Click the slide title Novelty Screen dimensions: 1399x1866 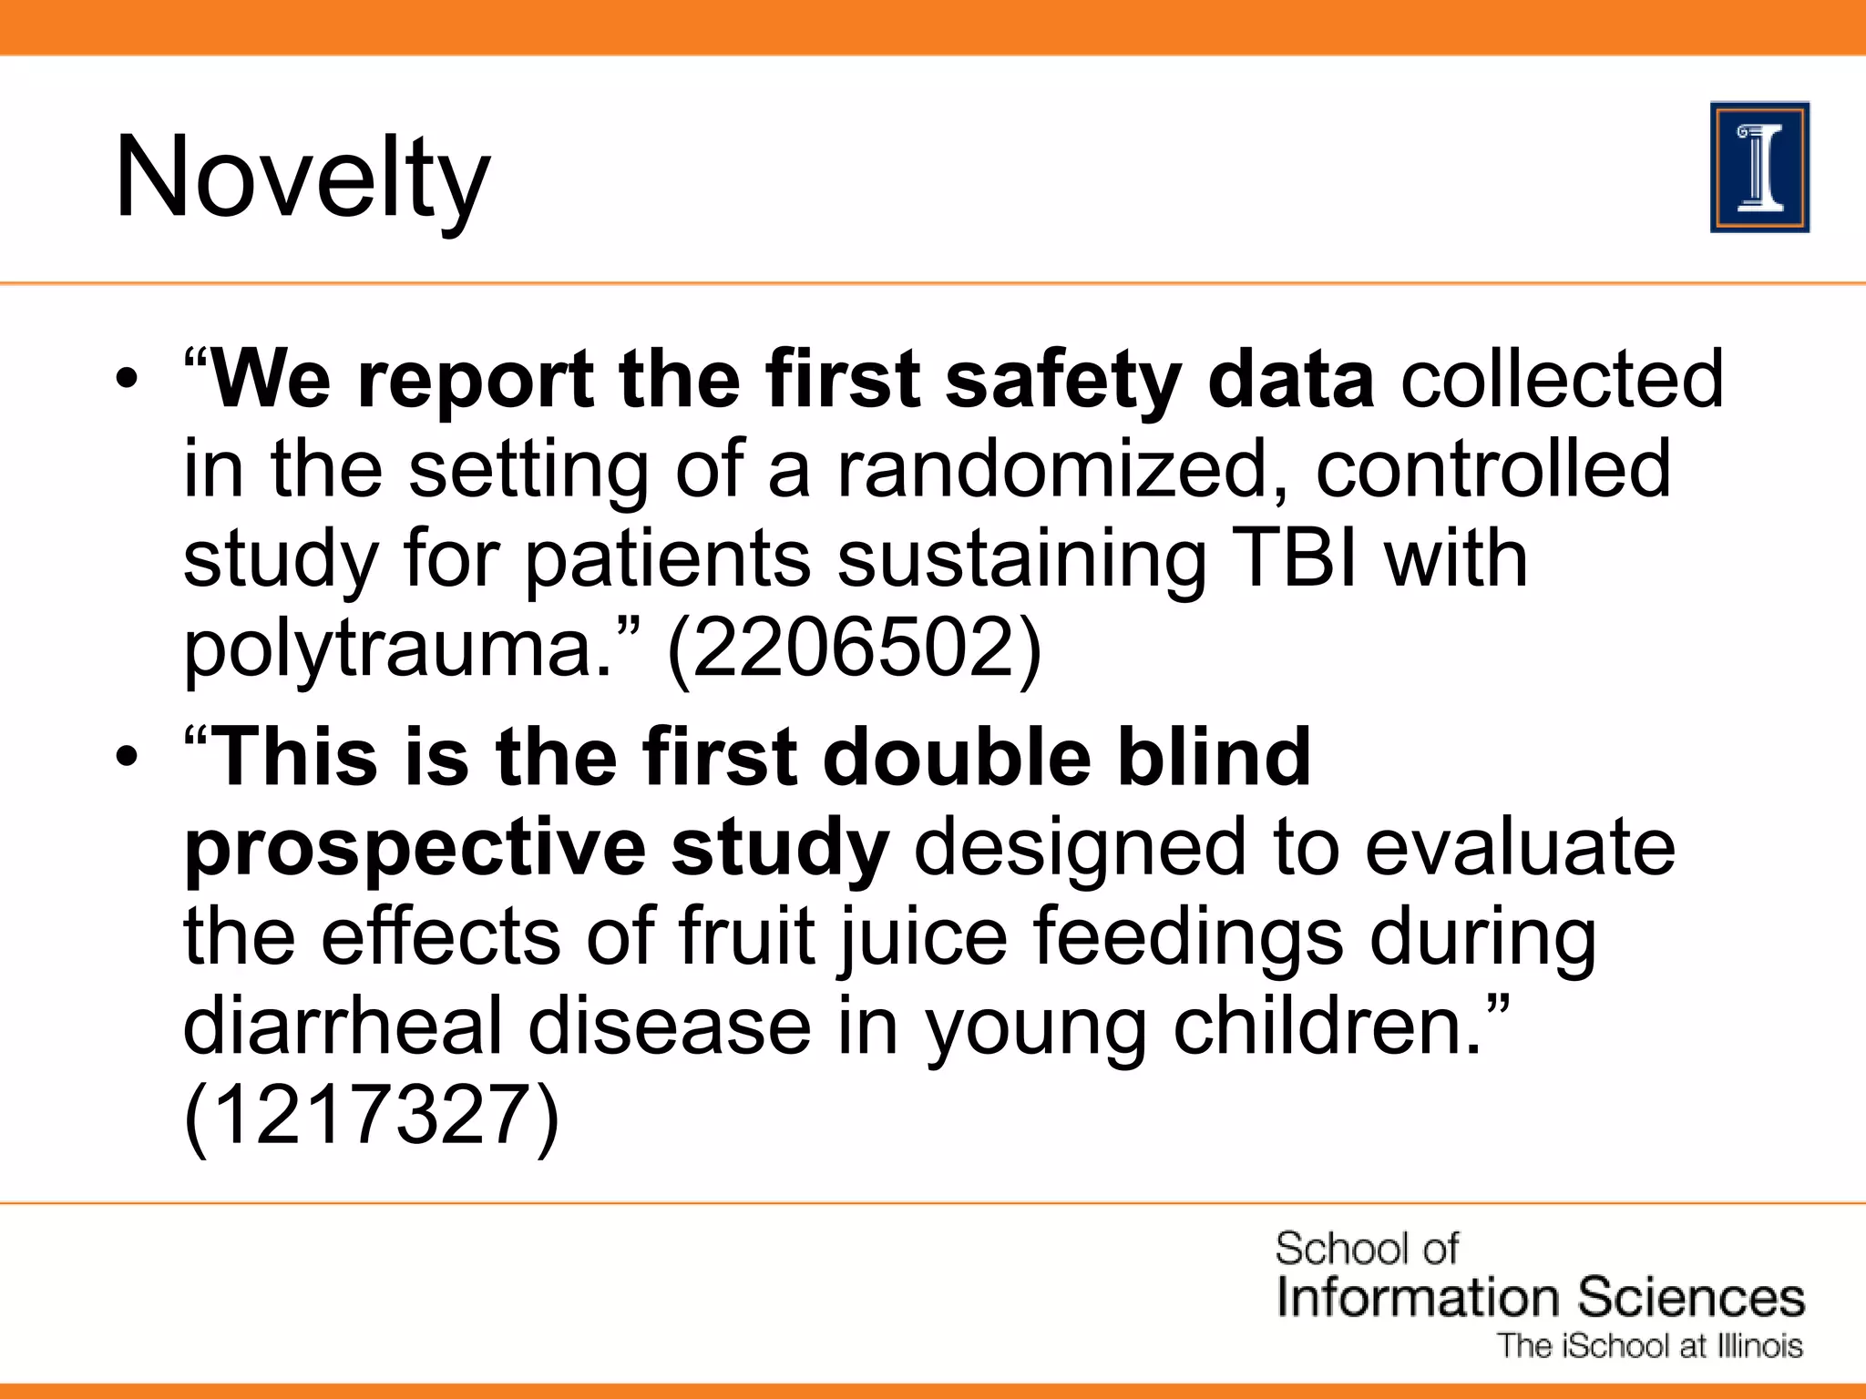coord(302,178)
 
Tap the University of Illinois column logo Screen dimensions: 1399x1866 coord(1759,168)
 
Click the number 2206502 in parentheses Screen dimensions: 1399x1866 coord(854,648)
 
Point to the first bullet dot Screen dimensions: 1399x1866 coord(127,379)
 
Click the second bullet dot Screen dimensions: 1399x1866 coord(127,757)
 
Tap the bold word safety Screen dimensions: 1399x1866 coord(1063,381)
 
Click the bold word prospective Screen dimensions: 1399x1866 coord(415,849)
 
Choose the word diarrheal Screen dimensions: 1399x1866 coord(343,1026)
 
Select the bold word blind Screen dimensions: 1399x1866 coord(1214,757)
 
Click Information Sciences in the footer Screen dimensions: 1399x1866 coord(1540,1297)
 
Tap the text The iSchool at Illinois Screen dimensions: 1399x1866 coord(1650,1346)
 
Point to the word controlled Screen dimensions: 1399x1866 coord(1493,469)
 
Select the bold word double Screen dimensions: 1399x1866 coord(957,757)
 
